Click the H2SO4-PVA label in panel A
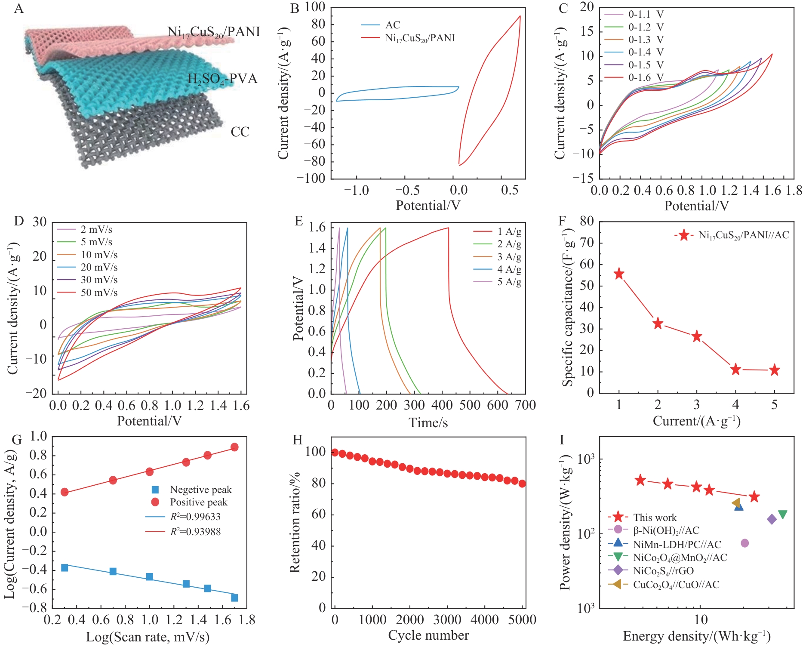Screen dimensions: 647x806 tap(222, 79)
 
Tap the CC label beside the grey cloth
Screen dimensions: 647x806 tap(240, 132)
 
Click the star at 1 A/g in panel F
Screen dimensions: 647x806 tap(619, 274)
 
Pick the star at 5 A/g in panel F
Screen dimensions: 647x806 tap(774, 370)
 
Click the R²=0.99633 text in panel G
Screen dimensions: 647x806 tap(195, 517)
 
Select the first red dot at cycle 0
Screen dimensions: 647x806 tap(335, 452)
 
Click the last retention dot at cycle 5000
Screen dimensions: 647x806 tap(522, 484)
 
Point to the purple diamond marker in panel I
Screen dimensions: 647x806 tap(772, 519)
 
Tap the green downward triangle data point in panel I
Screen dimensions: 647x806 tap(782, 515)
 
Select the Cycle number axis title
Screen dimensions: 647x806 tap(428, 635)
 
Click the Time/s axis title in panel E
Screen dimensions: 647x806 tap(428, 423)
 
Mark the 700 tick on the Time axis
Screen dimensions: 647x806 tap(525, 405)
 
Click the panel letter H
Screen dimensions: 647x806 tap(297, 440)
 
